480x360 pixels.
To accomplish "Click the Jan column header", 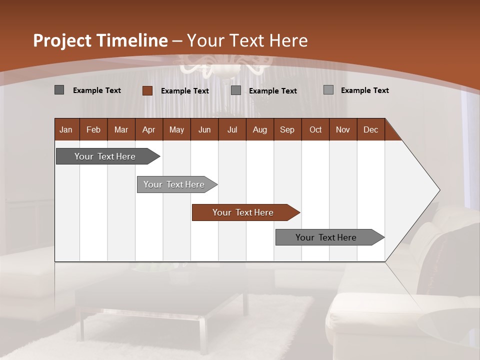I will click(x=66, y=129).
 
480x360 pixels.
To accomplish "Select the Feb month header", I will click(x=93, y=129).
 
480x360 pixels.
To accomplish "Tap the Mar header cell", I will click(x=121, y=129).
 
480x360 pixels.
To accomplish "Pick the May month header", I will click(x=176, y=129).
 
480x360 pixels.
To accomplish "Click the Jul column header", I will click(x=232, y=129).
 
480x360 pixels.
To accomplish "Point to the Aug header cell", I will click(x=259, y=129).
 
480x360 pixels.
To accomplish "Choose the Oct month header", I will click(x=315, y=129).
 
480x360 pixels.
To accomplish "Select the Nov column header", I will click(x=343, y=129).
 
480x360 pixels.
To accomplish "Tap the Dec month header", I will click(x=370, y=129).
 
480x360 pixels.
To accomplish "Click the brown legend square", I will click(x=147, y=90).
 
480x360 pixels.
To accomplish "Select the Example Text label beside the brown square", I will click(x=184, y=91).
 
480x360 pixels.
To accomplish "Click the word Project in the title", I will click(x=62, y=40).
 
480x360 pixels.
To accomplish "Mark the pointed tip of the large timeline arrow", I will click(x=439, y=190).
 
